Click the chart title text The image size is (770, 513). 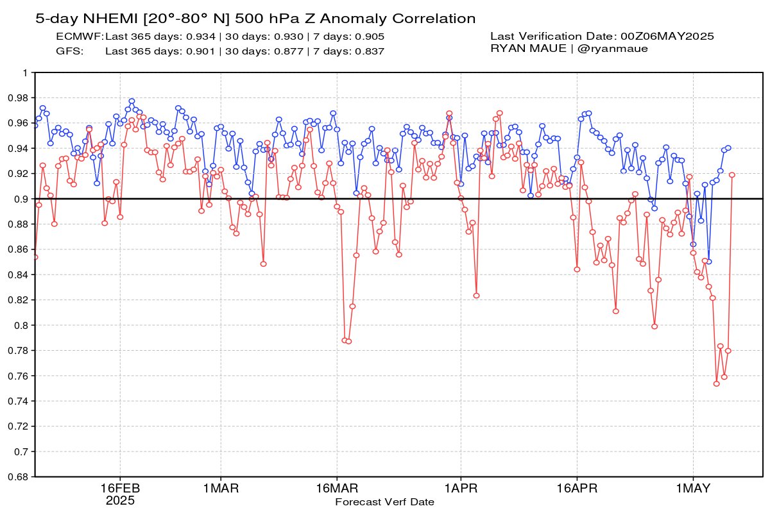point(255,19)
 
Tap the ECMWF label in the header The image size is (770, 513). point(80,37)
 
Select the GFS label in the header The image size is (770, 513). point(70,51)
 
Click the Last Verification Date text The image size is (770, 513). point(602,37)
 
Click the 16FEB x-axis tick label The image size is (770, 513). point(121,488)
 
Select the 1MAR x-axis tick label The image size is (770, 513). point(221,488)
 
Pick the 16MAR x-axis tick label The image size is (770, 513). point(337,488)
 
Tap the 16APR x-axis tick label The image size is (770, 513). point(577,488)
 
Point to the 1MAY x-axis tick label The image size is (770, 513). point(693,488)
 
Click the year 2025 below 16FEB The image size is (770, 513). point(120,500)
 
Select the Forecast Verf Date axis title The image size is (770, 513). point(384,502)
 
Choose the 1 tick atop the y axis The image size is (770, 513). point(25,72)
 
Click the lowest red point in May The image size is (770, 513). point(716,383)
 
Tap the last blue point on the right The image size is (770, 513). point(728,148)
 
